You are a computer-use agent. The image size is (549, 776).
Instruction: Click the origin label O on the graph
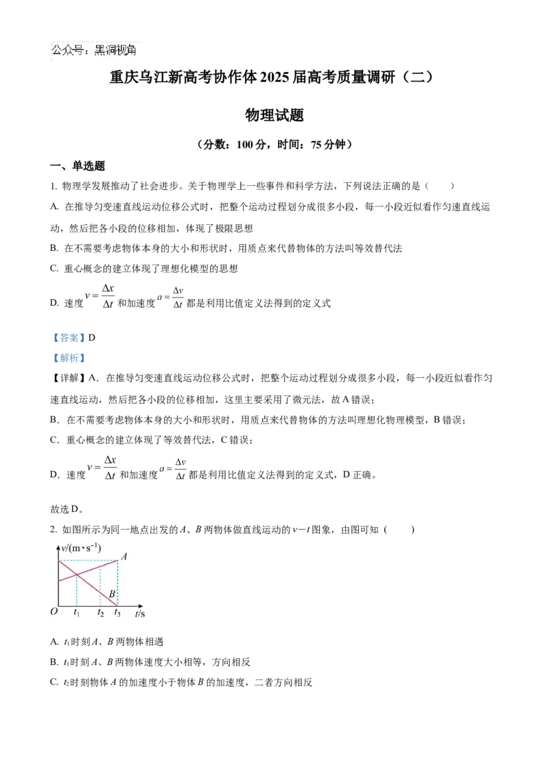54,612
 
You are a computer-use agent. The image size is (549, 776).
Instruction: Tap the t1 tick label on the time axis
77,613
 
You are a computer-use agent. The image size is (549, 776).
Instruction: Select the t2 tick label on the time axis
101,613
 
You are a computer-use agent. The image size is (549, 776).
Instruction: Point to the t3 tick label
117,613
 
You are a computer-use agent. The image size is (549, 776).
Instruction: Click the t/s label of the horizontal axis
139,614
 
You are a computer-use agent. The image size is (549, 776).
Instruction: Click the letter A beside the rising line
124,557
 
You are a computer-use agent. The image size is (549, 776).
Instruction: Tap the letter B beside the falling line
111,594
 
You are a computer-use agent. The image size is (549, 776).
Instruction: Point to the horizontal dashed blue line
89,561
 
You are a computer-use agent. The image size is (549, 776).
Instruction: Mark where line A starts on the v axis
59,581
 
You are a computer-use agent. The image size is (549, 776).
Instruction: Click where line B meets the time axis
117,606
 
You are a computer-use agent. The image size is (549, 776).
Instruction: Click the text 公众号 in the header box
67,51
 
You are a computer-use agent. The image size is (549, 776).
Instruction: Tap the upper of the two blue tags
69,337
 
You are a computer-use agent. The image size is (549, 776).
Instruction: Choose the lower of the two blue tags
69,359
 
